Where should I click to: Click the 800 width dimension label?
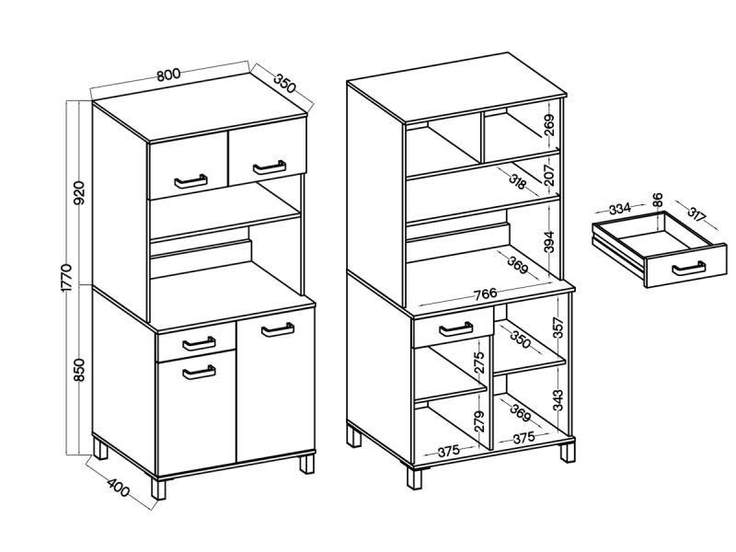[x=168, y=75]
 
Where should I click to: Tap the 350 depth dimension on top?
[x=285, y=83]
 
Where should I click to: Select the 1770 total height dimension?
[x=66, y=278]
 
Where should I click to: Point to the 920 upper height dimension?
[x=79, y=192]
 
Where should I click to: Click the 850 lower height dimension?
[x=79, y=370]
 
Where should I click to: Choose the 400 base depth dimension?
[x=118, y=489]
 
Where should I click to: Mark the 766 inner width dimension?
[x=486, y=293]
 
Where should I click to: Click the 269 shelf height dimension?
[x=549, y=124]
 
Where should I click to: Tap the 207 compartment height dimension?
[x=549, y=174]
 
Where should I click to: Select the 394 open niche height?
[x=549, y=241]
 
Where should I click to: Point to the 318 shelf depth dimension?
[x=517, y=180]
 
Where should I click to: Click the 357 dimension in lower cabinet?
[x=558, y=328]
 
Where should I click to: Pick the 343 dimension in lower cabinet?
[x=558, y=400]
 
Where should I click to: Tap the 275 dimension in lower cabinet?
[x=478, y=362]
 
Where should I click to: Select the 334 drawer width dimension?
[x=619, y=209]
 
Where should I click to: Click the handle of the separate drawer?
[x=688, y=268]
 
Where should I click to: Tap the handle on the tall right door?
[x=278, y=329]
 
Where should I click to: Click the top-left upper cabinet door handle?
[x=190, y=181]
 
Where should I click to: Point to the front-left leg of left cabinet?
[x=158, y=489]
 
